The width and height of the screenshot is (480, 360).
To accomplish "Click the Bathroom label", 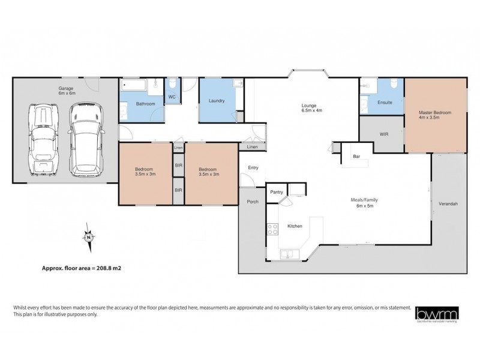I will pos(145,104).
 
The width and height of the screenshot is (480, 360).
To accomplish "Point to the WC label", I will pos(172,97).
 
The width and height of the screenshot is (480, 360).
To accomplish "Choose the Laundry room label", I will pos(217,101).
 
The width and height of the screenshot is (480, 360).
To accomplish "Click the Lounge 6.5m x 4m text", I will pos(311,109).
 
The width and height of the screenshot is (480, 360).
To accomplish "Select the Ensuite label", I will pos(385,103).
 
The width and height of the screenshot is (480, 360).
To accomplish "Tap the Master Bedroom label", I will pos(434,115).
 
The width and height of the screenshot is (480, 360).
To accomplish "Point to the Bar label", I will pos(356,157).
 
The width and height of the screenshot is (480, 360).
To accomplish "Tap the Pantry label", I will pos(276,192).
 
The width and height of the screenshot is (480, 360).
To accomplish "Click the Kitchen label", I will pos(295,226).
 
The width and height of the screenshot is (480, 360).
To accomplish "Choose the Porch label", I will pos(253,202).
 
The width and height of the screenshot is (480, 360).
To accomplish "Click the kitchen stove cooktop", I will pos(272,229).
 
